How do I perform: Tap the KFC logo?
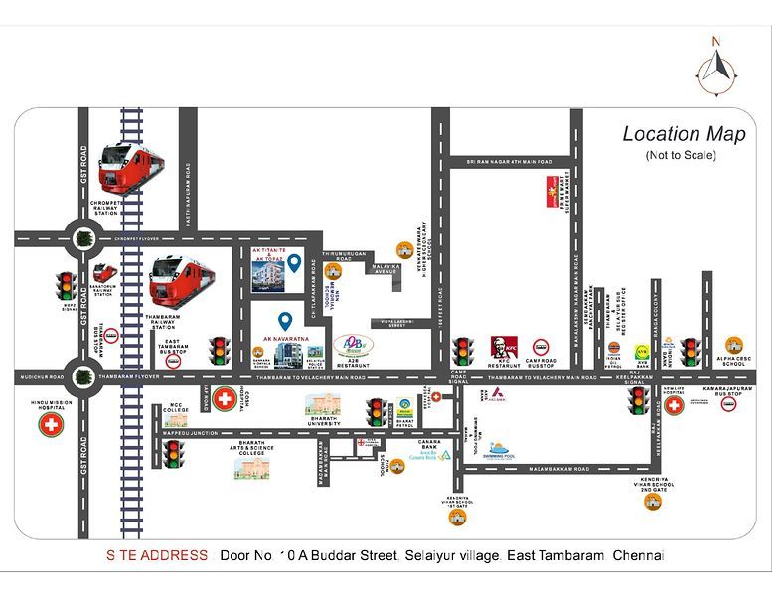tap(505, 348)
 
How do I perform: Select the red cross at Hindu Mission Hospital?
tap(49, 425)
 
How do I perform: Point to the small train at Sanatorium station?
tap(103, 272)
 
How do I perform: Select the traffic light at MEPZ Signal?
tap(67, 286)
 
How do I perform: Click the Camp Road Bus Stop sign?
tap(542, 348)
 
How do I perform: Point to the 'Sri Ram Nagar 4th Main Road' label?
tap(510, 161)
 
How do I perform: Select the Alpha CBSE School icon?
tap(733, 345)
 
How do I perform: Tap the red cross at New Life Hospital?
tap(674, 405)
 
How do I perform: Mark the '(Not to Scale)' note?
tap(681, 155)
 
